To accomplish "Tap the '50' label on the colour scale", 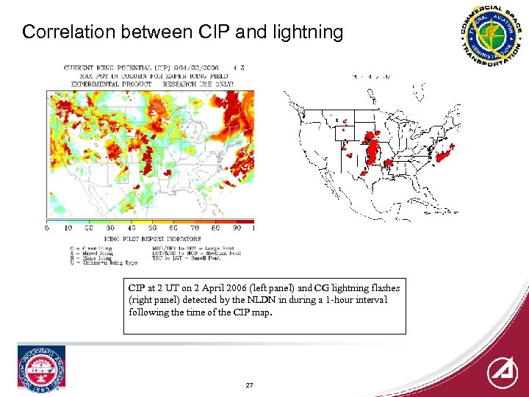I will (x=152, y=229).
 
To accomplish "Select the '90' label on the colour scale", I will (x=237, y=229).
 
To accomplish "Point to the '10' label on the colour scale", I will (x=68, y=229).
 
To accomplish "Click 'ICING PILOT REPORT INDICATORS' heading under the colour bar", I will (x=152, y=239).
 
